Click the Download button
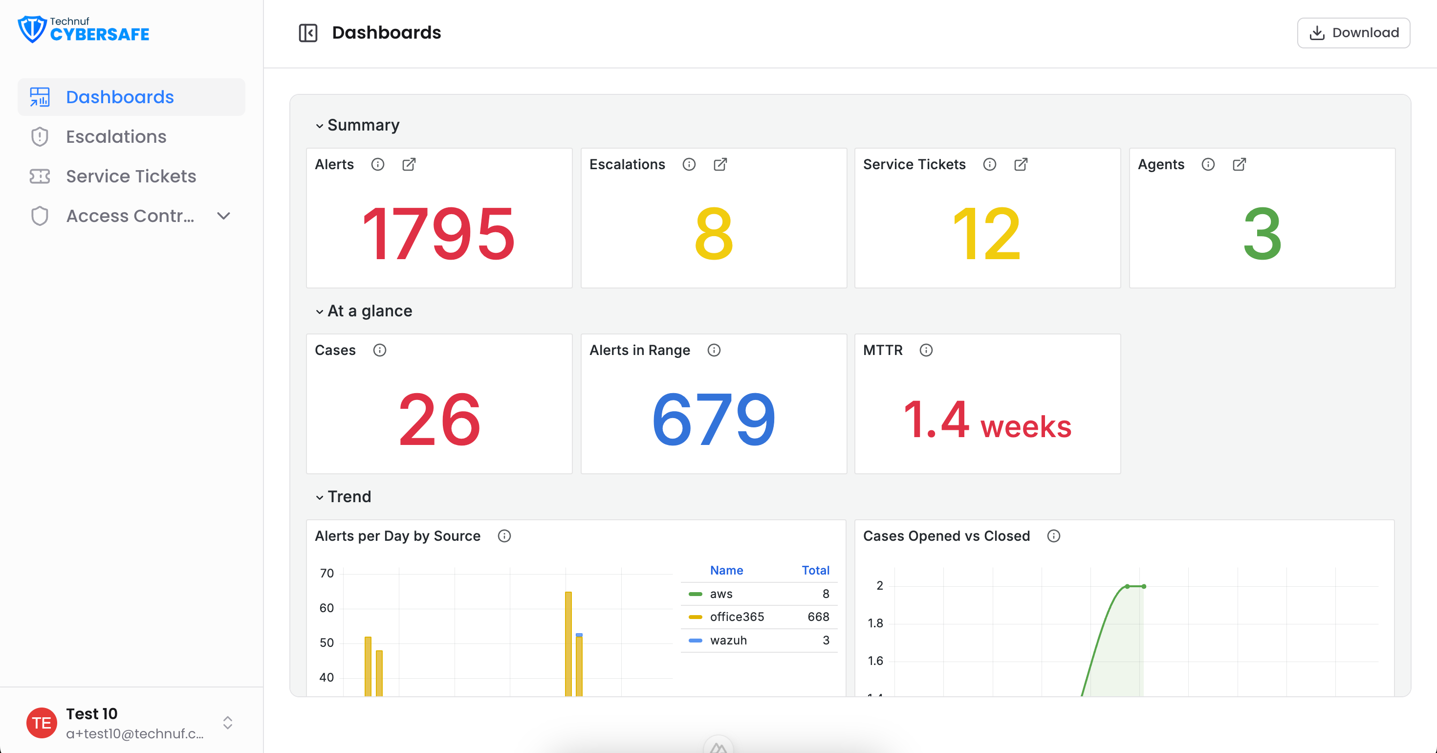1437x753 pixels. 1353,33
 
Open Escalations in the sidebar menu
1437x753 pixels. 116,137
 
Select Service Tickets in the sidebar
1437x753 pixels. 131,177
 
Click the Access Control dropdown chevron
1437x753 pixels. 224,216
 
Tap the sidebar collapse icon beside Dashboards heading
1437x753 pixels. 308,33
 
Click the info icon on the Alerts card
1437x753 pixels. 378,164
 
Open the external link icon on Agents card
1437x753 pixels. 1239,164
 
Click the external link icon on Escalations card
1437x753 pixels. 720,164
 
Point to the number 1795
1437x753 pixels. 438,233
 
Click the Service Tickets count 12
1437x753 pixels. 987,233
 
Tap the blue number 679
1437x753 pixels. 714,419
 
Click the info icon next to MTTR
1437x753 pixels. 926,350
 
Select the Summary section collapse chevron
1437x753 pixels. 320,126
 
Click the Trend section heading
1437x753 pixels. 349,497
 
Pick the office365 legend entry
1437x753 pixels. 737,617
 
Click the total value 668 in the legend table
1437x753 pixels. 818,617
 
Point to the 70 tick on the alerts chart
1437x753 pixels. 327,573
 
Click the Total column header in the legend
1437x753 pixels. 816,570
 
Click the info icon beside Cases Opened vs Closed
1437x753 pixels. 1053,536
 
